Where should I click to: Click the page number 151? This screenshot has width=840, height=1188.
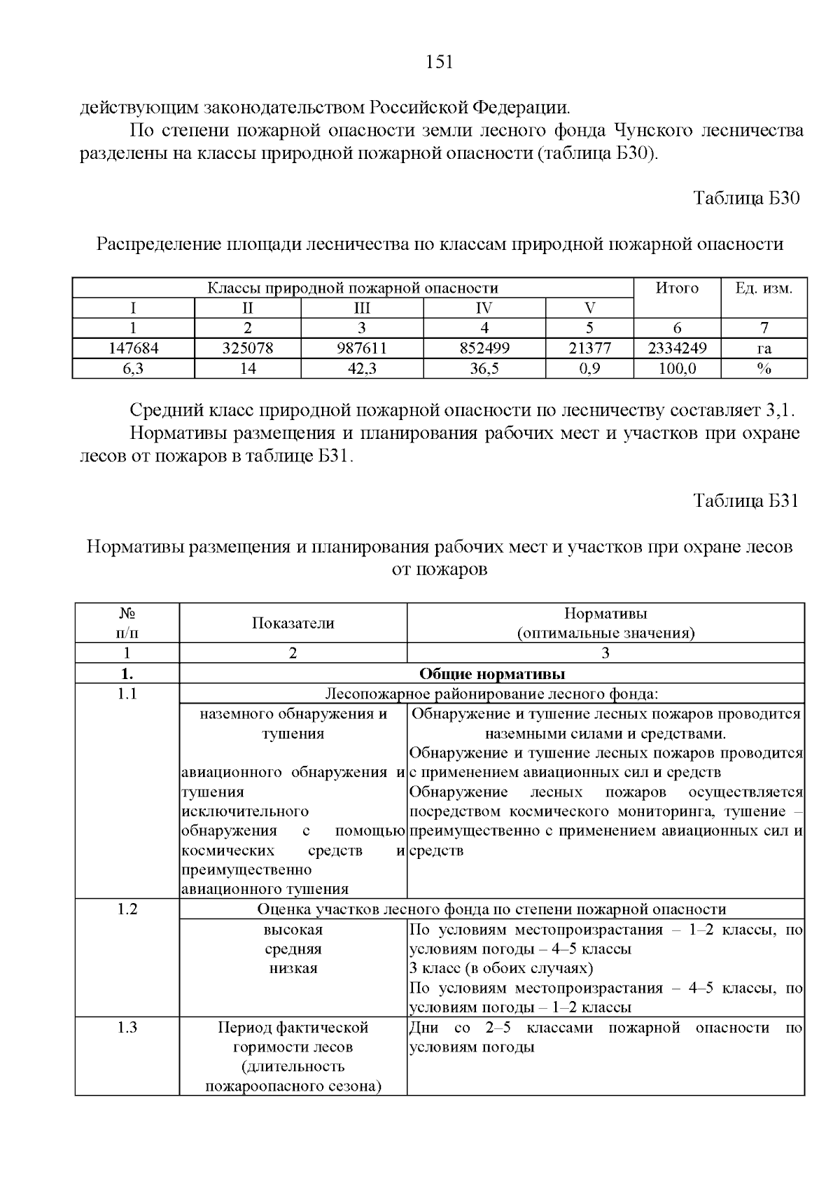click(x=440, y=62)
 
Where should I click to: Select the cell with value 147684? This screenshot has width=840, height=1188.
click(x=133, y=349)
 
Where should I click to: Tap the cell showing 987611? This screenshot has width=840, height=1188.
click(x=362, y=349)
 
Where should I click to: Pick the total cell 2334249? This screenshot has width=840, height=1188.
click(x=677, y=349)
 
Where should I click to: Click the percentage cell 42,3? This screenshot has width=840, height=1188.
click(x=362, y=369)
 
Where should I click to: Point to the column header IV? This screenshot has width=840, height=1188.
click(x=484, y=309)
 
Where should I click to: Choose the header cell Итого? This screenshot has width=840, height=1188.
click(x=677, y=288)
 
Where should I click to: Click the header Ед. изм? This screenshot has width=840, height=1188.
click(x=764, y=288)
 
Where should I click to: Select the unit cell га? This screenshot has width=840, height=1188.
click(x=764, y=349)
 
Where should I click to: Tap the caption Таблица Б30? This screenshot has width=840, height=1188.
click(x=746, y=198)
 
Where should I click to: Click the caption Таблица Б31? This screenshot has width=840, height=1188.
click(x=746, y=501)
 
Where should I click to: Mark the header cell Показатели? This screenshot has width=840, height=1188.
click(x=293, y=623)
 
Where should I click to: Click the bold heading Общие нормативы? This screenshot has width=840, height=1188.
click(x=492, y=674)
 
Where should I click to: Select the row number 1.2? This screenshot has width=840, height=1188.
click(x=127, y=909)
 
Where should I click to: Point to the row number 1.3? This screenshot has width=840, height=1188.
click(x=127, y=1028)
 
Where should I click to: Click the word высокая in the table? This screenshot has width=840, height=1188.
click(x=293, y=930)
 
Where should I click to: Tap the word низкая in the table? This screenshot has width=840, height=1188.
click(x=293, y=969)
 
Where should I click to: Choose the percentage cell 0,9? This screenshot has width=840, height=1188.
click(x=589, y=369)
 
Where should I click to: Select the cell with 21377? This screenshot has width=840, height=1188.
click(x=589, y=349)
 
